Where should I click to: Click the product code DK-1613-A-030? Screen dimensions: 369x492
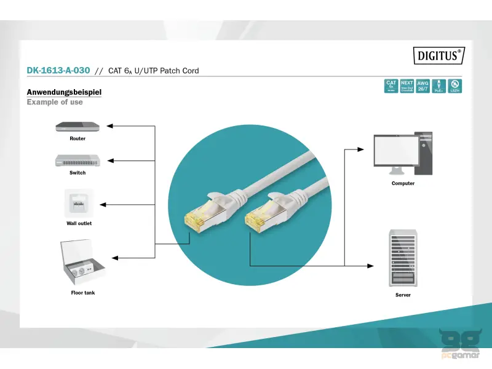pyautogui.click(x=59, y=71)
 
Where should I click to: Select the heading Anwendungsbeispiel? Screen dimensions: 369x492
pyautogui.click(x=64, y=92)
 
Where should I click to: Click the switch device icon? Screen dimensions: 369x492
pyautogui.click(x=77, y=160)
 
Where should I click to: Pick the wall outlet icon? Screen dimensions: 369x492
pyautogui.click(x=79, y=203)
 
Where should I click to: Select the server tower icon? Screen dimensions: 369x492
pyautogui.click(x=403, y=258)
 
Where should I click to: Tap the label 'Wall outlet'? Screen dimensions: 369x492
pyautogui.click(x=79, y=223)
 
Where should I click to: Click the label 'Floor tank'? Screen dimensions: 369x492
pyautogui.click(x=83, y=293)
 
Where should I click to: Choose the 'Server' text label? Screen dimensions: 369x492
pyautogui.click(x=403, y=295)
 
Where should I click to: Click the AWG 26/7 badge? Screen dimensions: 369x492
pyautogui.click(x=423, y=86)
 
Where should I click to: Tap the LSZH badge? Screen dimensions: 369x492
pyautogui.click(x=455, y=86)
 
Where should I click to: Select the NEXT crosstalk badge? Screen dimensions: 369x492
pyautogui.click(x=407, y=86)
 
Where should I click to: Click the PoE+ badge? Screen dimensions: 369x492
pyautogui.click(x=438, y=86)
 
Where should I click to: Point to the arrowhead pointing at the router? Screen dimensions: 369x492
pyautogui.click(x=110, y=126)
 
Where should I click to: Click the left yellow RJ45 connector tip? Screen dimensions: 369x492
pyautogui.click(x=193, y=220)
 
